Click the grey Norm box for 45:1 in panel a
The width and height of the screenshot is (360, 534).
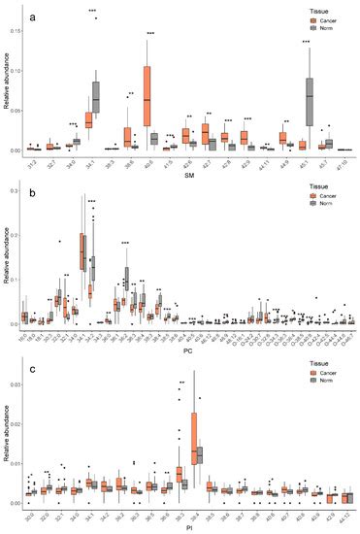click(310, 95)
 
